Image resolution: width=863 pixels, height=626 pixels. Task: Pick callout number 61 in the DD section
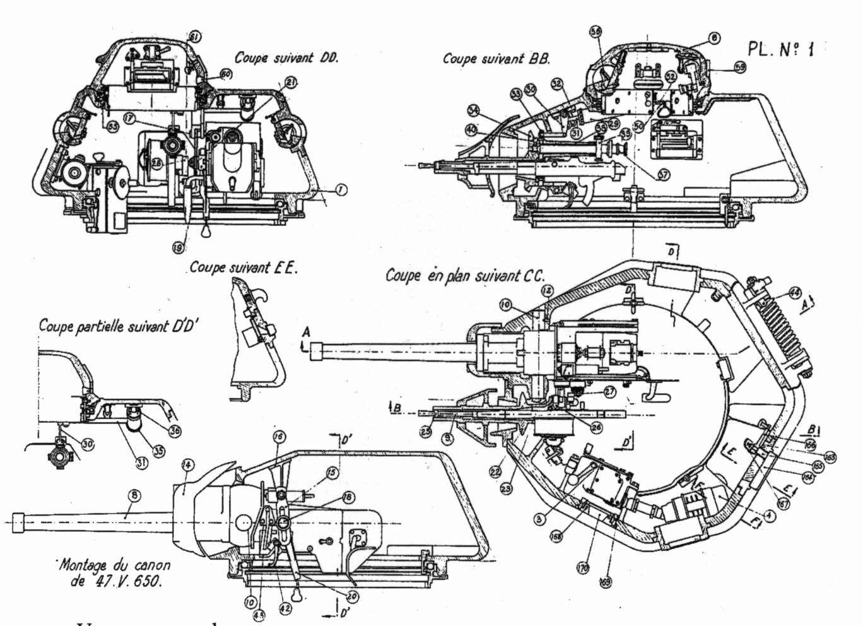(194, 38)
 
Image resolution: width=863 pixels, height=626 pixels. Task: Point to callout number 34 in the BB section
(474, 110)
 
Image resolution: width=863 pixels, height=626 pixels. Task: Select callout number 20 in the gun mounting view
(350, 595)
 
